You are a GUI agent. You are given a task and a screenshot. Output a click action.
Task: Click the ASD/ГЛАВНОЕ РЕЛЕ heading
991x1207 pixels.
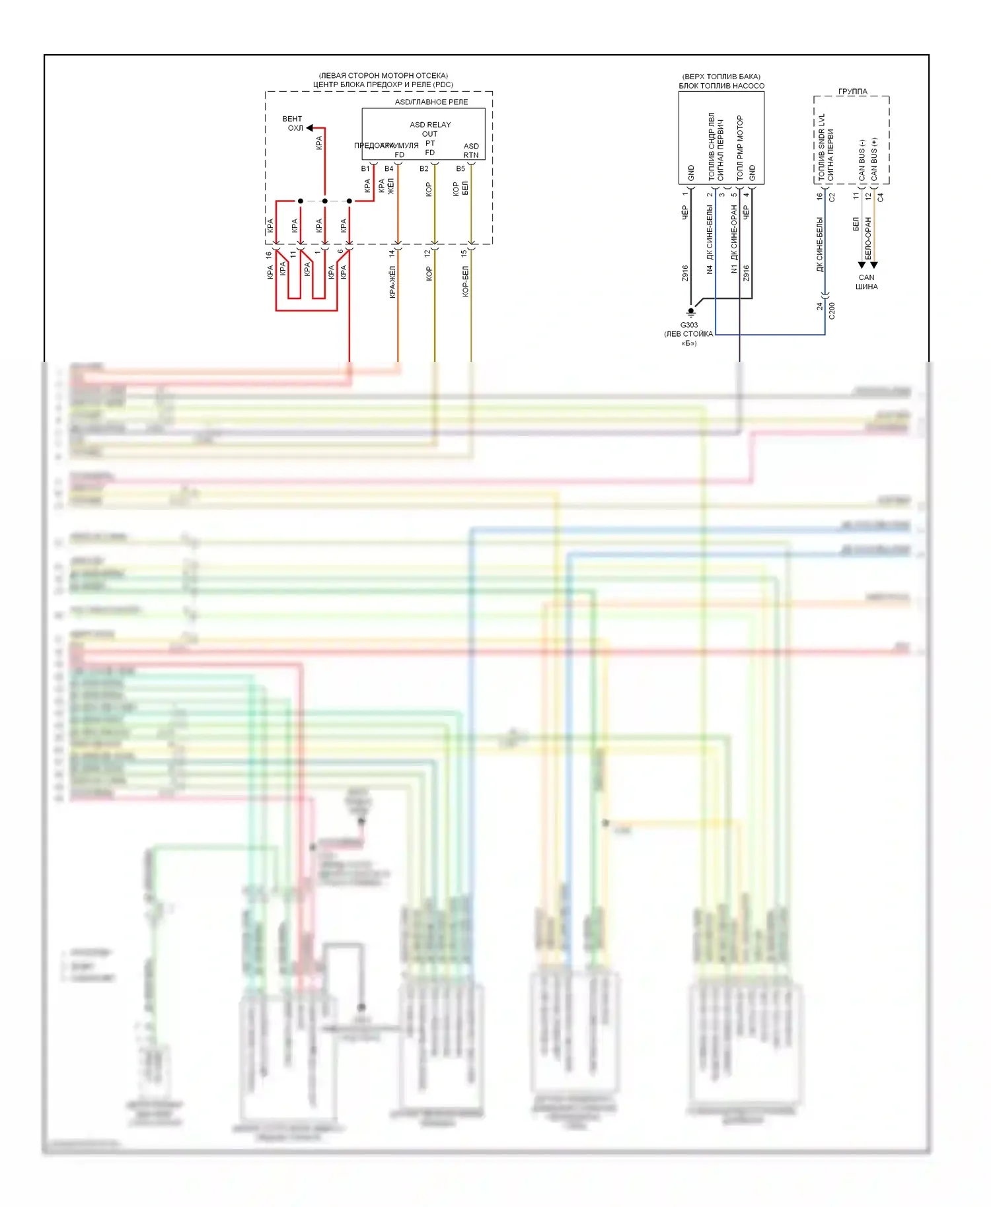coord(431,102)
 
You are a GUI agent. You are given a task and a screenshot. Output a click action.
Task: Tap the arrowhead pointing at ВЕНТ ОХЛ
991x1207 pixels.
coord(310,128)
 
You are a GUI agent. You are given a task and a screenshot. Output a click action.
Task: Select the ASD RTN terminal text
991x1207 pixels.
coord(471,151)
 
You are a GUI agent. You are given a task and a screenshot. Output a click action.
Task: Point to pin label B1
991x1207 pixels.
coord(365,169)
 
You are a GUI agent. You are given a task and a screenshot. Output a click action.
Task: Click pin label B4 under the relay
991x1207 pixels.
coord(389,169)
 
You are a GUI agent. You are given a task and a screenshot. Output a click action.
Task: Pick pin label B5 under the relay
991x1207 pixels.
coord(460,169)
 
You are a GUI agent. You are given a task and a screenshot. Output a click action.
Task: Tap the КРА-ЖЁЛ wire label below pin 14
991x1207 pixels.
coord(392,283)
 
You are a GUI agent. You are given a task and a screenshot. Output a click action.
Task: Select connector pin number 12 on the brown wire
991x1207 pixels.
coord(427,253)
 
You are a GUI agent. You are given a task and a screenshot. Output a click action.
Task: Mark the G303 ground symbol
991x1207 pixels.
coord(691,312)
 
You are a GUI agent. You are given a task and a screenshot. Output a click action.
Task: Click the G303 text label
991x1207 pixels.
coord(689,325)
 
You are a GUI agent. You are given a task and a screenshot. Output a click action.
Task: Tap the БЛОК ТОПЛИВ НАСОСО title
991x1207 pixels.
coord(721,86)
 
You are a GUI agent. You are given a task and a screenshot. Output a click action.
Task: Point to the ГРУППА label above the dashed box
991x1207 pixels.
coord(852,92)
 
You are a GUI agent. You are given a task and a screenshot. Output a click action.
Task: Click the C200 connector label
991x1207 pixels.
coord(832,311)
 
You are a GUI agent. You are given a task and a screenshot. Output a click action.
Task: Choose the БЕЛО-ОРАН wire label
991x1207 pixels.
coord(868,238)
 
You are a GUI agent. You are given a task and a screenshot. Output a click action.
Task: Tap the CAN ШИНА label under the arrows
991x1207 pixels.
coord(867,282)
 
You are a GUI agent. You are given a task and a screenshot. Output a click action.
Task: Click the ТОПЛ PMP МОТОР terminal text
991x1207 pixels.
coord(740,148)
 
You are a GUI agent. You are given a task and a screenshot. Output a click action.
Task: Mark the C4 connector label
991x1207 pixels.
coord(881,197)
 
